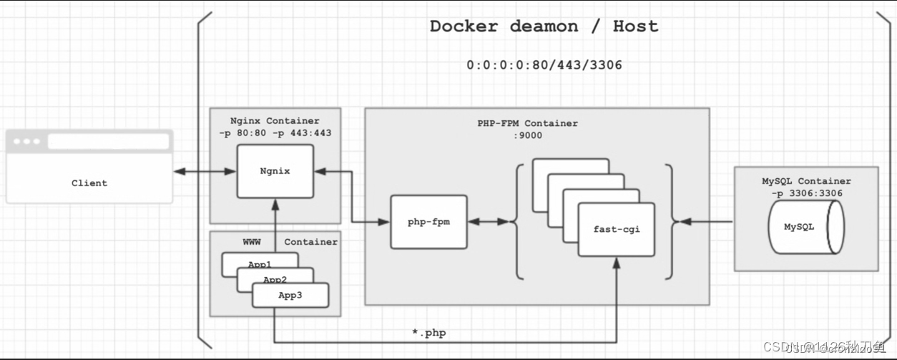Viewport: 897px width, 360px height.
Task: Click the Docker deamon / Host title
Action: click(x=544, y=26)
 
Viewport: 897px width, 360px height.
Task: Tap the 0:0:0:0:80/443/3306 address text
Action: click(x=544, y=65)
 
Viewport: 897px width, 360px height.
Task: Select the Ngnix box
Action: click(x=275, y=172)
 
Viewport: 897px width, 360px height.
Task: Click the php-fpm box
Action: click(x=428, y=222)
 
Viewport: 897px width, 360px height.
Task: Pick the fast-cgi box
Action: click(x=615, y=229)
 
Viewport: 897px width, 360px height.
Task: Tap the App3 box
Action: click(x=290, y=295)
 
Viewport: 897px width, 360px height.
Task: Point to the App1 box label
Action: click(x=259, y=264)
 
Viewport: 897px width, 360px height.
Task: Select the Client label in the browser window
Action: click(x=89, y=183)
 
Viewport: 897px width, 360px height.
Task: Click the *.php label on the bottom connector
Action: click(x=428, y=333)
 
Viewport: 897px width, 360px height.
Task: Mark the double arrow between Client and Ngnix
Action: click(x=205, y=172)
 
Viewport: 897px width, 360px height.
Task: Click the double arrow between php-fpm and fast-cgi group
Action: click(x=488, y=222)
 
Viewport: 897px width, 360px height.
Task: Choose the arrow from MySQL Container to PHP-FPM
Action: click(x=705, y=222)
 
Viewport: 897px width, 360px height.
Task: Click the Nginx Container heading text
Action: click(x=275, y=120)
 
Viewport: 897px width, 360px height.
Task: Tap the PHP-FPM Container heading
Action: click(x=527, y=123)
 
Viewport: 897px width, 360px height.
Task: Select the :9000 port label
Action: click(x=527, y=135)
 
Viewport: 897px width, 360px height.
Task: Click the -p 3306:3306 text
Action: click(x=806, y=193)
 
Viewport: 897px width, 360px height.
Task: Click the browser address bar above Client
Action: click(x=108, y=142)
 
